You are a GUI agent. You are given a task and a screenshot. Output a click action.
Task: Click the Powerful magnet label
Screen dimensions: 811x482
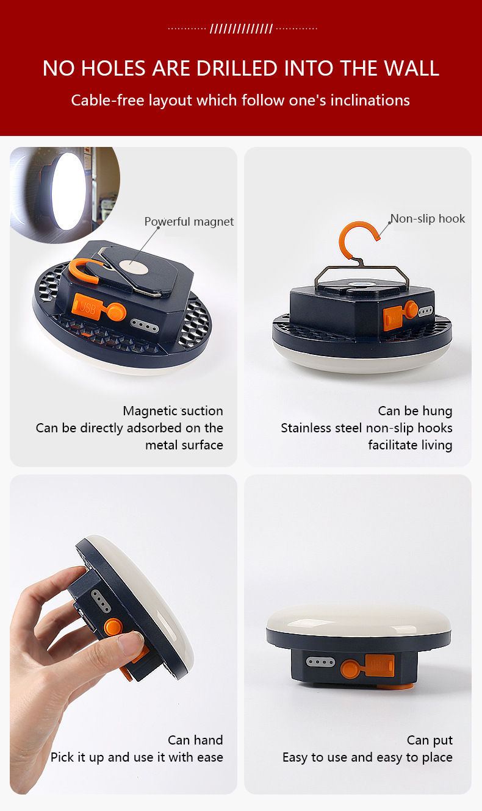[x=189, y=222]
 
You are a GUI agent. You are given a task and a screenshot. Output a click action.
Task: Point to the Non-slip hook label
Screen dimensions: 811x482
[x=428, y=218]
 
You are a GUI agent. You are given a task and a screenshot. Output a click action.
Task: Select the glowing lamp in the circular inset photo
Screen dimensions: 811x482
[x=67, y=191]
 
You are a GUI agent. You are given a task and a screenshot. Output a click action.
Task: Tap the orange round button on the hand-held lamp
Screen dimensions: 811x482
[x=113, y=627]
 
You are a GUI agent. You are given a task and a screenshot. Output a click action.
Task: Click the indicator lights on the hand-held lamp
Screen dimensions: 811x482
[x=101, y=601]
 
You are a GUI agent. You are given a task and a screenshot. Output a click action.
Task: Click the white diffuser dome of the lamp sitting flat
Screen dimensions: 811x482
[x=358, y=620]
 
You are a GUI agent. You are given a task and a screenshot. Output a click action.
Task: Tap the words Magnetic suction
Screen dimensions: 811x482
[x=173, y=411]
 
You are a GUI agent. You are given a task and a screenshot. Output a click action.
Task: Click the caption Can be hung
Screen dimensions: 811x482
[x=415, y=411]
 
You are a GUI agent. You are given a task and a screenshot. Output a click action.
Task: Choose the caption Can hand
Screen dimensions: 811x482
[x=195, y=740]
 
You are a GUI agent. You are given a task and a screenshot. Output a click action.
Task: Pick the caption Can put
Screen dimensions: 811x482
[x=430, y=740]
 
